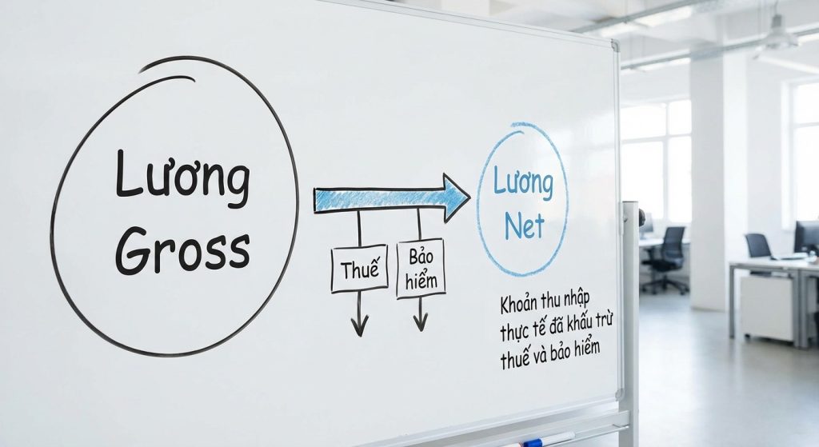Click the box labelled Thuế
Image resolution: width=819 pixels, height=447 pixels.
[x=359, y=269]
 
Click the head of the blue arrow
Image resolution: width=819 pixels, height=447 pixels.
[x=456, y=197]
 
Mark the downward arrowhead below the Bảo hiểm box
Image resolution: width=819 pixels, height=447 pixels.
[x=420, y=321]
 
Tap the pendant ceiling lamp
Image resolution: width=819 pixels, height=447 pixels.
[x=776, y=36]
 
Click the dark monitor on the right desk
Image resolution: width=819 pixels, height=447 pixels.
[x=805, y=237]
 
